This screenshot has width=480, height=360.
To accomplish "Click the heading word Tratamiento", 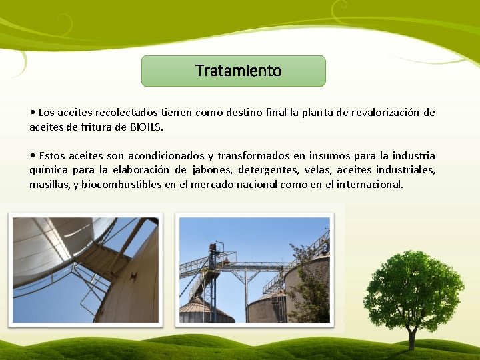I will click(239, 71).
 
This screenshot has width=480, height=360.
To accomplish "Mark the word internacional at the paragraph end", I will click(371, 184).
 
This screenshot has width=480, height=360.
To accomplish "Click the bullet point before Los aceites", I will click(33, 113).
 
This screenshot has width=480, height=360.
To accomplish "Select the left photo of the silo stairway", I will click(85, 270).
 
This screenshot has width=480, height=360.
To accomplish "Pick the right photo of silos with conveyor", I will click(254, 270).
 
